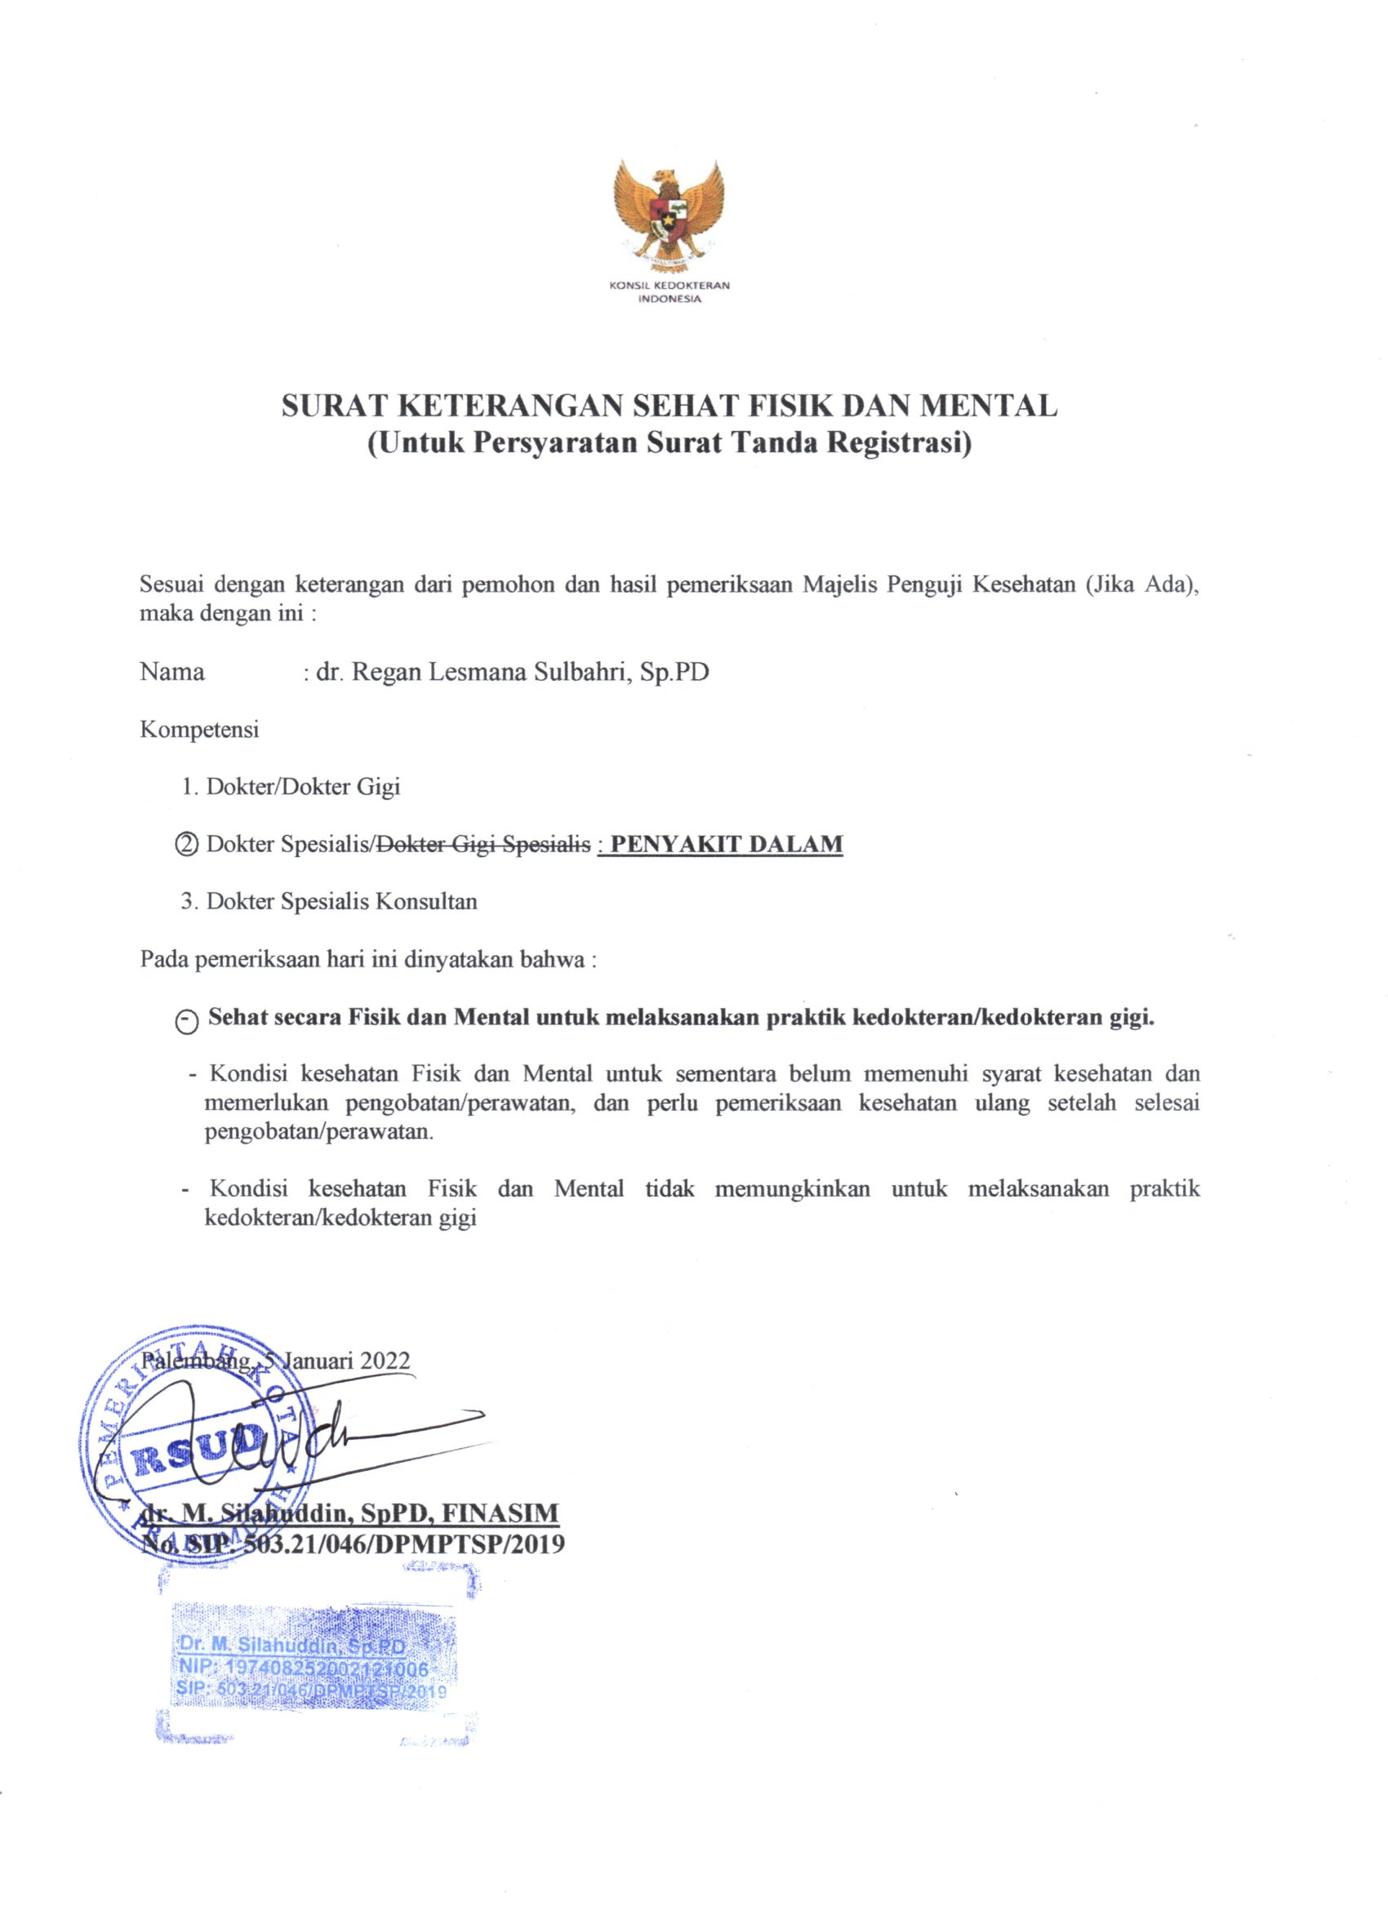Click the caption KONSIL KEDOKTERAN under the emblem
click(669, 286)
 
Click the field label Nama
click(172, 672)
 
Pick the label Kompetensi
click(199, 729)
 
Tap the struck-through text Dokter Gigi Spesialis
click(483, 844)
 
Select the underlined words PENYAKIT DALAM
click(726, 844)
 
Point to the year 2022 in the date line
click(385, 1362)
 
